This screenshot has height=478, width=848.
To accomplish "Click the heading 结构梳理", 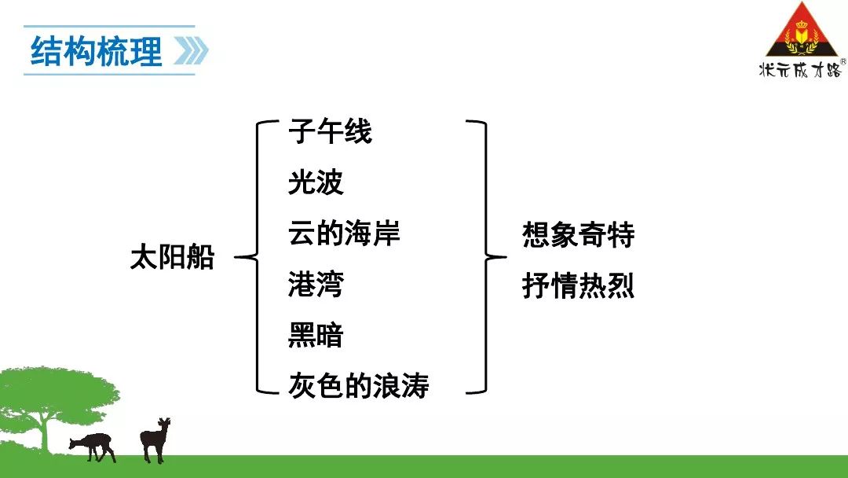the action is pyautogui.click(x=97, y=51).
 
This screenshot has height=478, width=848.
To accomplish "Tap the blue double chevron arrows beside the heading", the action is pyautogui.click(x=191, y=51).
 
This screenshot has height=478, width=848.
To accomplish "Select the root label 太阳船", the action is pyautogui.click(x=173, y=256).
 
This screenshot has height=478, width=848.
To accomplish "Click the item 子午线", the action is pyautogui.click(x=330, y=131).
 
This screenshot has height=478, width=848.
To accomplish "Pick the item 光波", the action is pyautogui.click(x=316, y=182).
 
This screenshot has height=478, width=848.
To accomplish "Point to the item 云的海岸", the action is pyautogui.click(x=344, y=233).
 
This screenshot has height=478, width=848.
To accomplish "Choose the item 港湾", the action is pyautogui.click(x=316, y=284).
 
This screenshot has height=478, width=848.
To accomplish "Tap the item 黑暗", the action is pyautogui.click(x=316, y=335).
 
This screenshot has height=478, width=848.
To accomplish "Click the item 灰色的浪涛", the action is pyautogui.click(x=359, y=385).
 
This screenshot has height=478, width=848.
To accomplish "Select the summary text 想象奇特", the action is pyautogui.click(x=578, y=234).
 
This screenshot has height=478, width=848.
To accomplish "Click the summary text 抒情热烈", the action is pyautogui.click(x=578, y=285).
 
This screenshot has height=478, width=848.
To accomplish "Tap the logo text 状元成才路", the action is pyautogui.click(x=800, y=69).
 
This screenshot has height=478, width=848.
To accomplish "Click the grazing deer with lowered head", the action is pyautogui.click(x=93, y=446).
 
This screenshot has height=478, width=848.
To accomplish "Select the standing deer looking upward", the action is pyautogui.click(x=155, y=439).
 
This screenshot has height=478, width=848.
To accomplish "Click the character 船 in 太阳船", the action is pyautogui.click(x=201, y=256).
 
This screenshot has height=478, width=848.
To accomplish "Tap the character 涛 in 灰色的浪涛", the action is pyautogui.click(x=415, y=385).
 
